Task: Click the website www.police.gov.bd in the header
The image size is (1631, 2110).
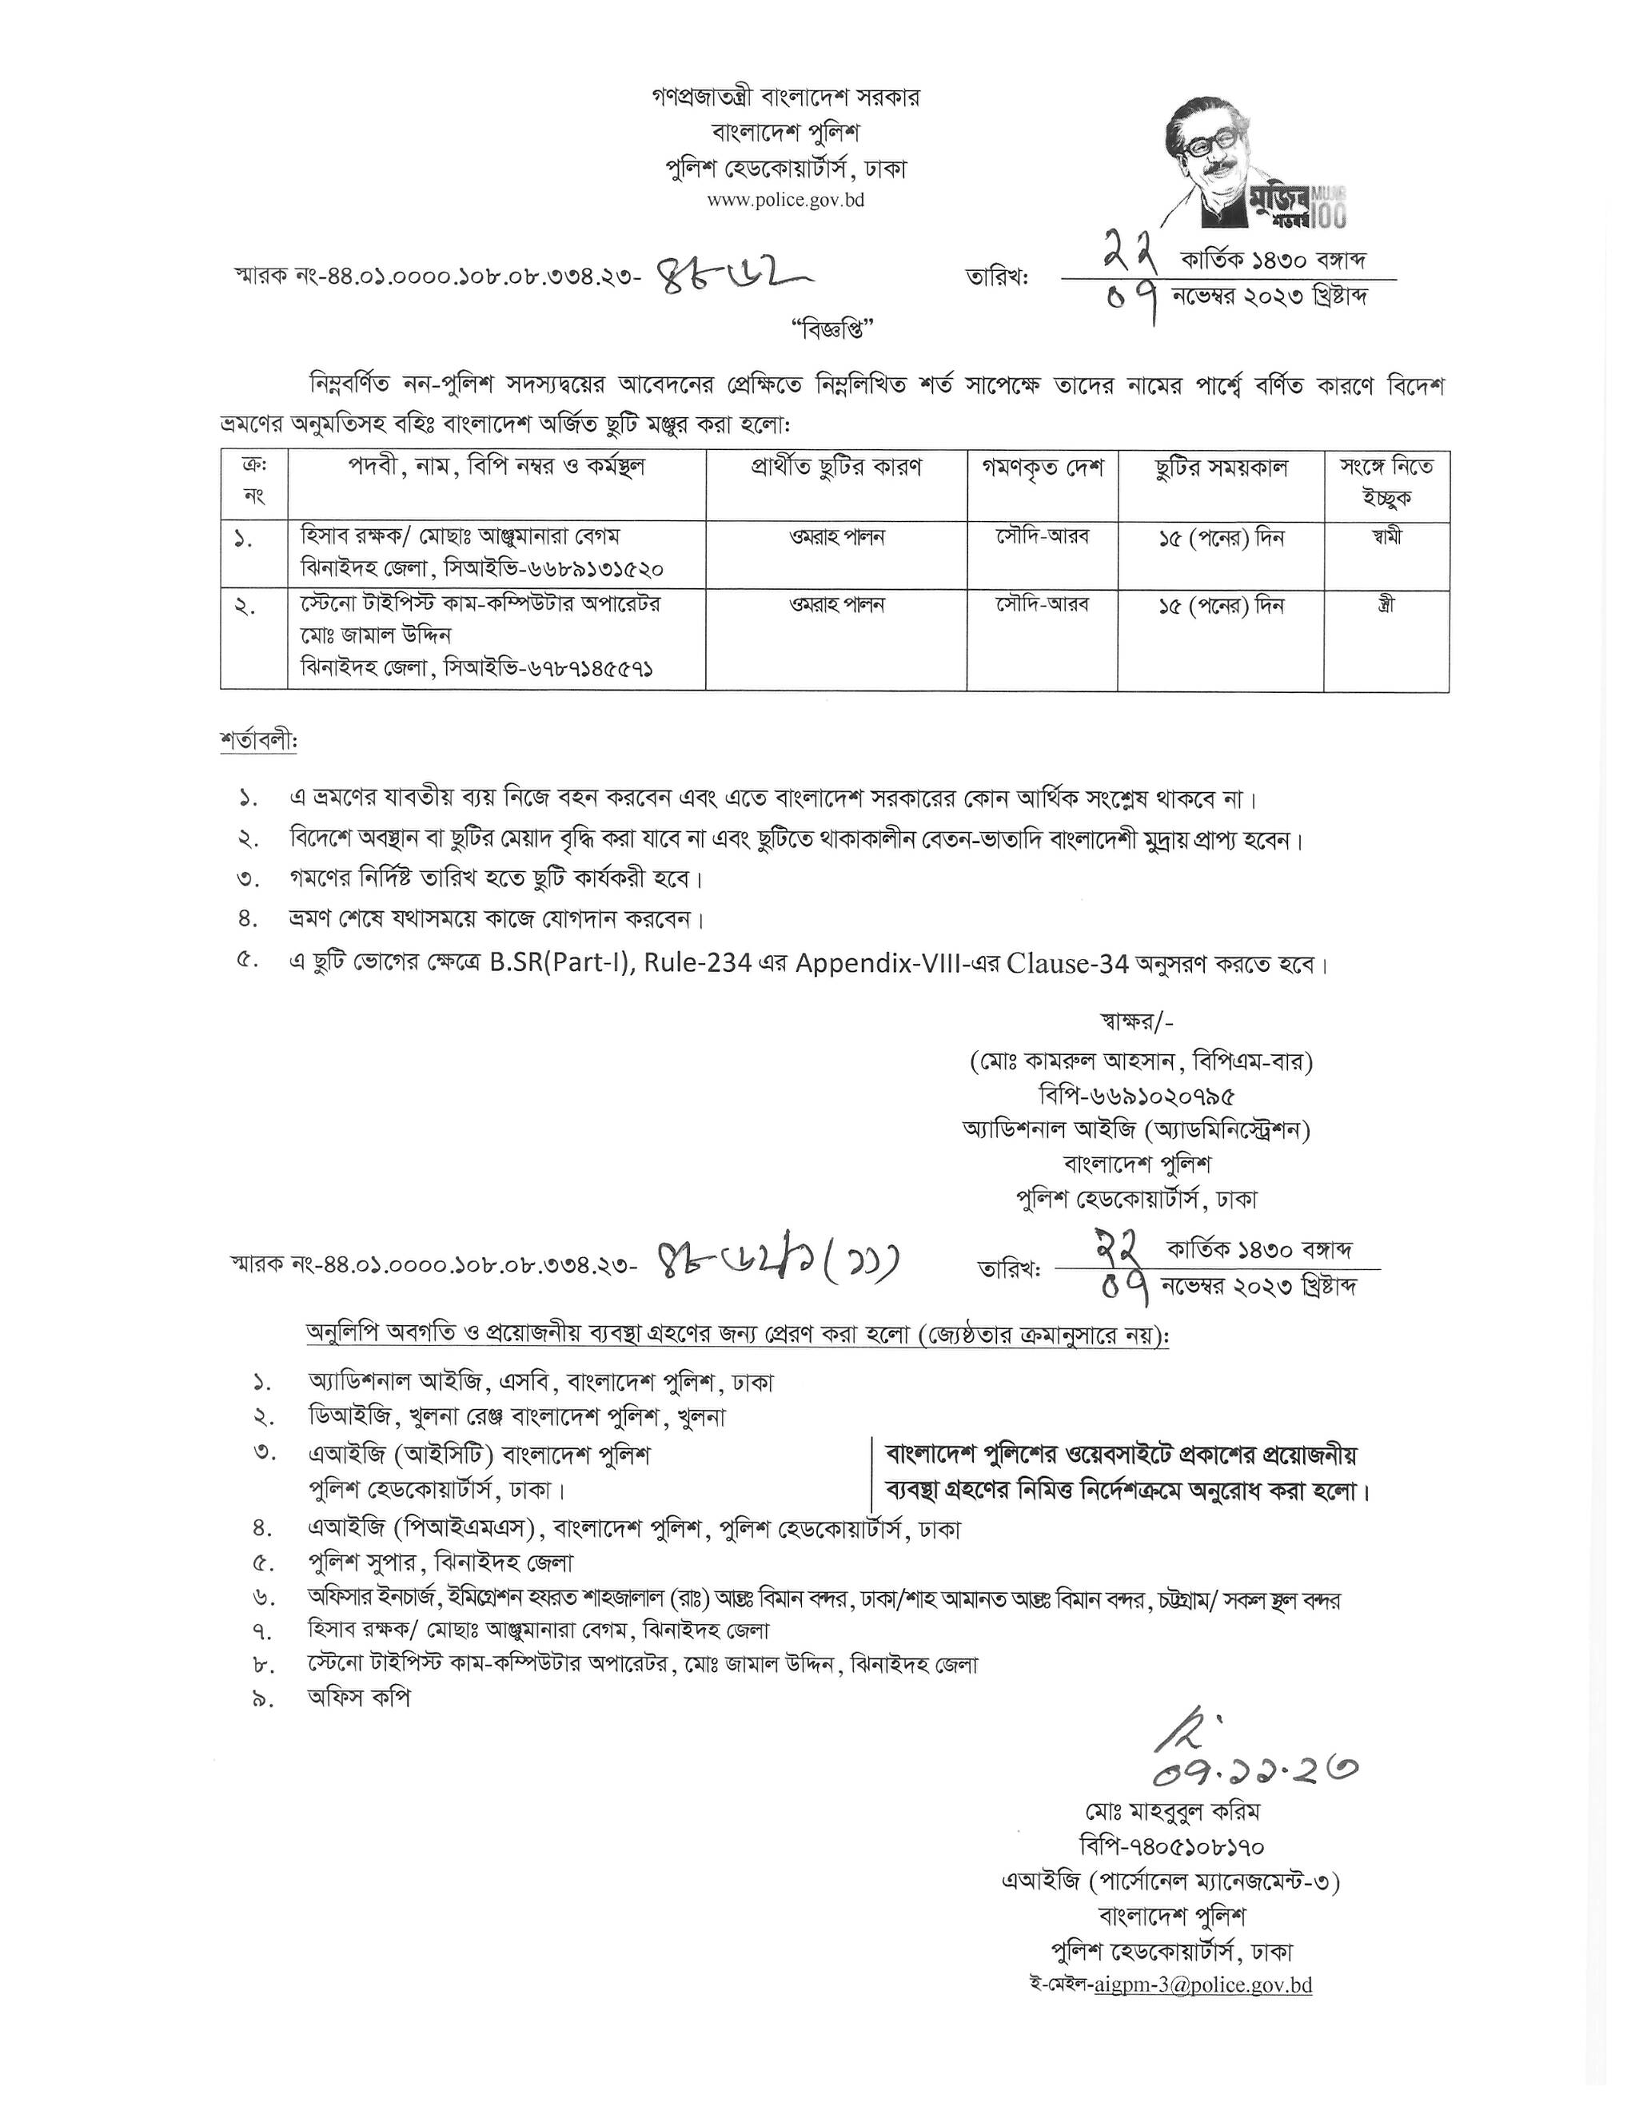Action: [x=786, y=201]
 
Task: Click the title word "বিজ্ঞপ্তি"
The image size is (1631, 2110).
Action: [x=831, y=328]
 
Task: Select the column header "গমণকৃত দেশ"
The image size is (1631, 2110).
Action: [x=1043, y=468]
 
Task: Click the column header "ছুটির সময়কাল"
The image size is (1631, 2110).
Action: [x=1220, y=468]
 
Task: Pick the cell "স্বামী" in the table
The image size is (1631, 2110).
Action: [x=1386, y=537]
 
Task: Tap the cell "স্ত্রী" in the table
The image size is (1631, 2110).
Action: [x=1386, y=606]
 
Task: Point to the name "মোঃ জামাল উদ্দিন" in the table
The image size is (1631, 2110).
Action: [x=377, y=635]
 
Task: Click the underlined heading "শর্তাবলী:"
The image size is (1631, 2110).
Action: [x=259, y=742]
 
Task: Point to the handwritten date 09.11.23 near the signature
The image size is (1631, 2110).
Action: [x=1255, y=1769]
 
